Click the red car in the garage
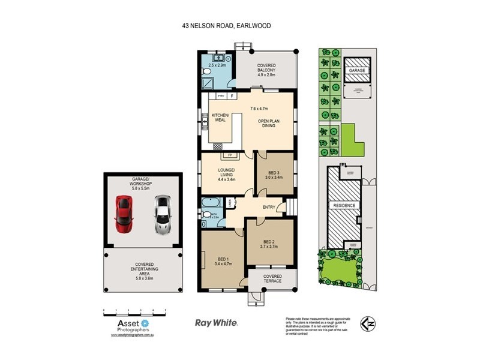(124, 214)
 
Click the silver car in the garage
(162, 214)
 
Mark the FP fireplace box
(228, 155)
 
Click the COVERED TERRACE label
(272, 279)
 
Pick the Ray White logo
(217, 323)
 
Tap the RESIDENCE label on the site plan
(344, 205)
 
